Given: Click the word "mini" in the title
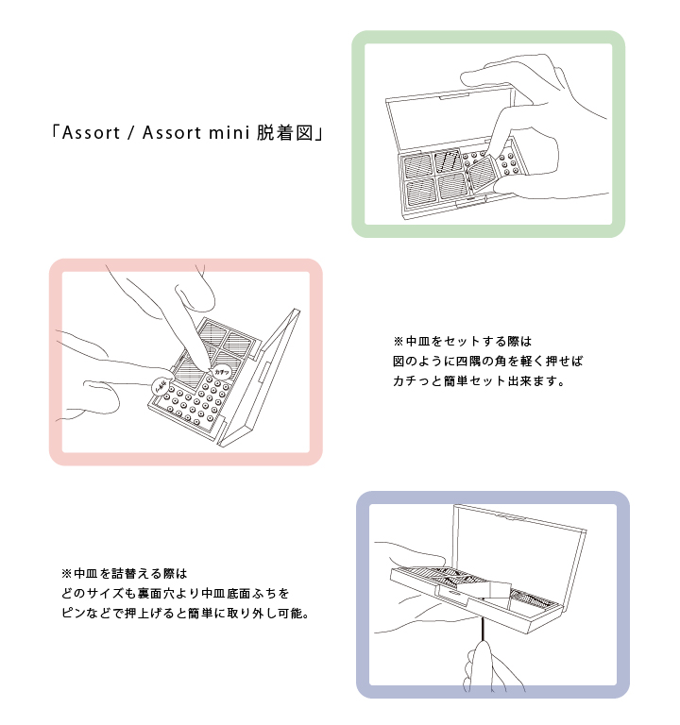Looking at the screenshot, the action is [228, 133].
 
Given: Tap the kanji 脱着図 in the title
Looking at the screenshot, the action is [285, 133].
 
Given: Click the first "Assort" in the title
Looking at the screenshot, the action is [91, 133].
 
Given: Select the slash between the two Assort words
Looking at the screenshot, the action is [131, 133].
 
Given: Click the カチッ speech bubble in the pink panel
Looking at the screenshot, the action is [222, 372].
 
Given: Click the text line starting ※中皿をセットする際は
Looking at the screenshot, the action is [463, 341].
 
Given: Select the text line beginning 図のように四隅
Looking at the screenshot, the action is [488, 362].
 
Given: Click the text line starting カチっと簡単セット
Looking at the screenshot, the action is [479, 381].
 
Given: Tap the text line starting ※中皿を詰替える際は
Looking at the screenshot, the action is [124, 574].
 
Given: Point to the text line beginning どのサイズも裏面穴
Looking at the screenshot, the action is [176, 593].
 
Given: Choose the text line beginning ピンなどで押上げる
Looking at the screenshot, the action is [185, 614].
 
